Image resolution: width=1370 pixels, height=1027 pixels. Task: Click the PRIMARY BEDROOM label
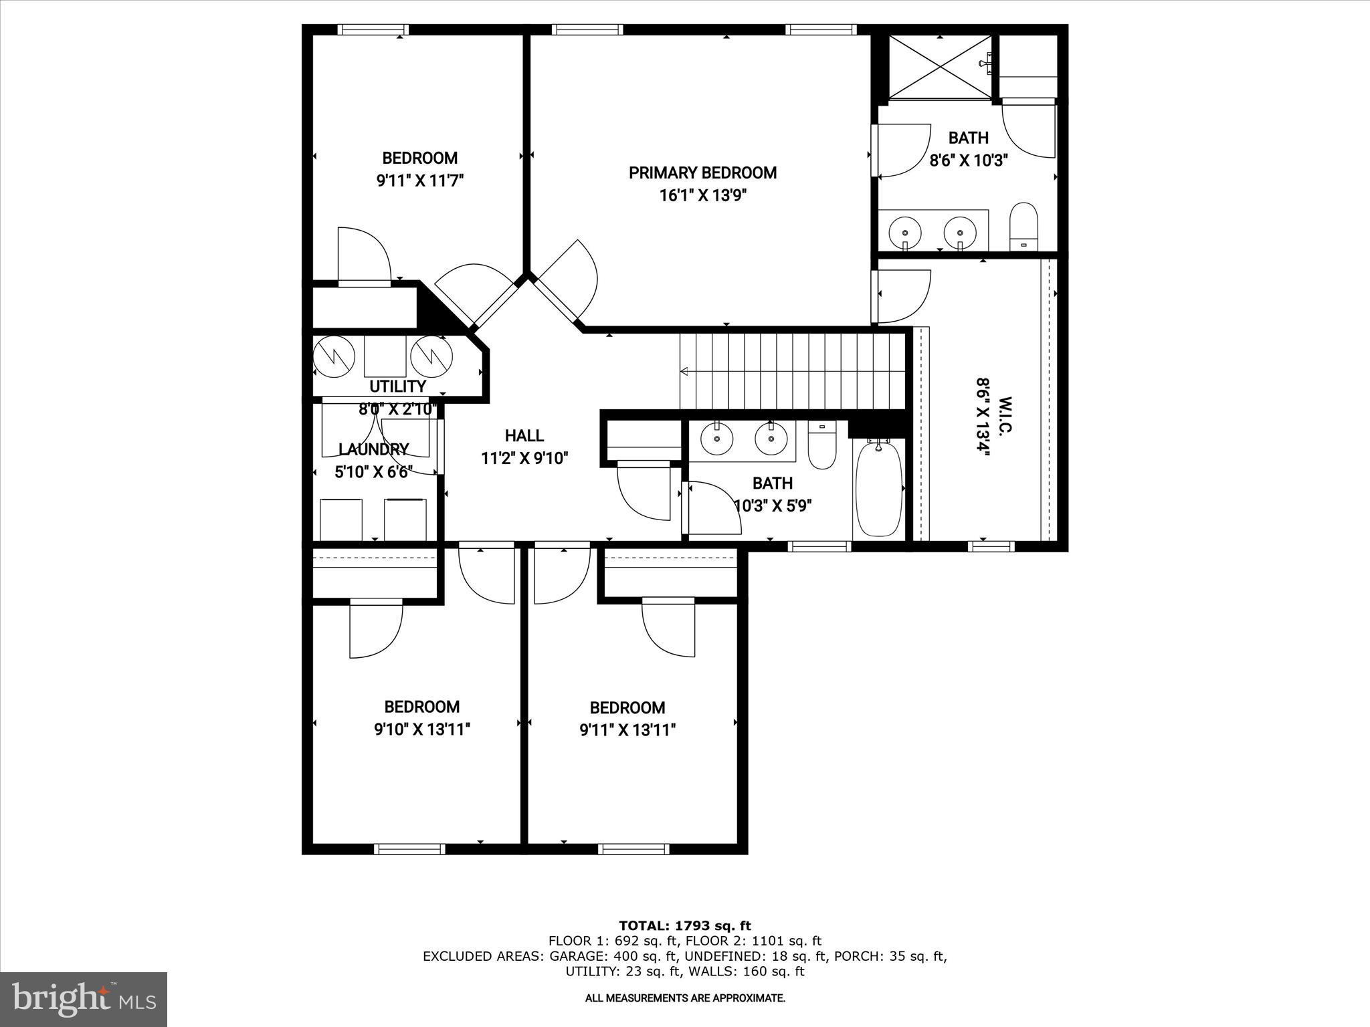click(702, 173)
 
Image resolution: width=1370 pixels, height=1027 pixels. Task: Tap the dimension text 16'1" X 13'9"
click(702, 196)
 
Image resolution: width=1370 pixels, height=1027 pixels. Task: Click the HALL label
click(524, 436)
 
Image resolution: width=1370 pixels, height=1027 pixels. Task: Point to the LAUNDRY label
click(373, 449)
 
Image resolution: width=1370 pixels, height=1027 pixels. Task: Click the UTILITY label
click(397, 386)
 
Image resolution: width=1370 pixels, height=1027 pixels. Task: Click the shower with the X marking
click(941, 66)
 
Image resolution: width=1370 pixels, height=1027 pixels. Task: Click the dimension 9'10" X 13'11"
click(421, 729)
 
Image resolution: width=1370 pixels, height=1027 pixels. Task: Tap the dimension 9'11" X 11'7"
click(420, 181)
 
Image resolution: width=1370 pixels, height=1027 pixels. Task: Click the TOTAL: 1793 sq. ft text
click(684, 926)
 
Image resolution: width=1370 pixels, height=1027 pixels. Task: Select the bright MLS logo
click(84, 999)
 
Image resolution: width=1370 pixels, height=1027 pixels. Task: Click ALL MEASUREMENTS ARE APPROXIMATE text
click(684, 998)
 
